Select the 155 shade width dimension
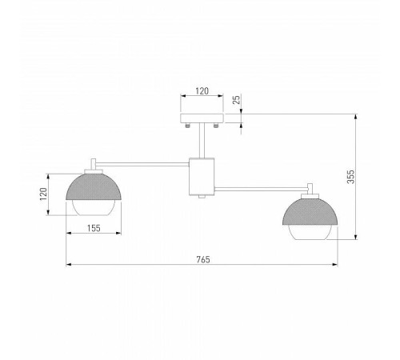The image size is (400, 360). (x=94, y=229)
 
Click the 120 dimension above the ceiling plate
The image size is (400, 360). (x=202, y=92)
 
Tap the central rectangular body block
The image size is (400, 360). (x=202, y=175)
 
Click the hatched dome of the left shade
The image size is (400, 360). (x=95, y=189)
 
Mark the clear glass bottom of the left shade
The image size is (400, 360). (x=95, y=209)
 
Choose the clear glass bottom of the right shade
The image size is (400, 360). (x=311, y=231)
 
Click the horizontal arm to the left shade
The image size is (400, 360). (x=144, y=165)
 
